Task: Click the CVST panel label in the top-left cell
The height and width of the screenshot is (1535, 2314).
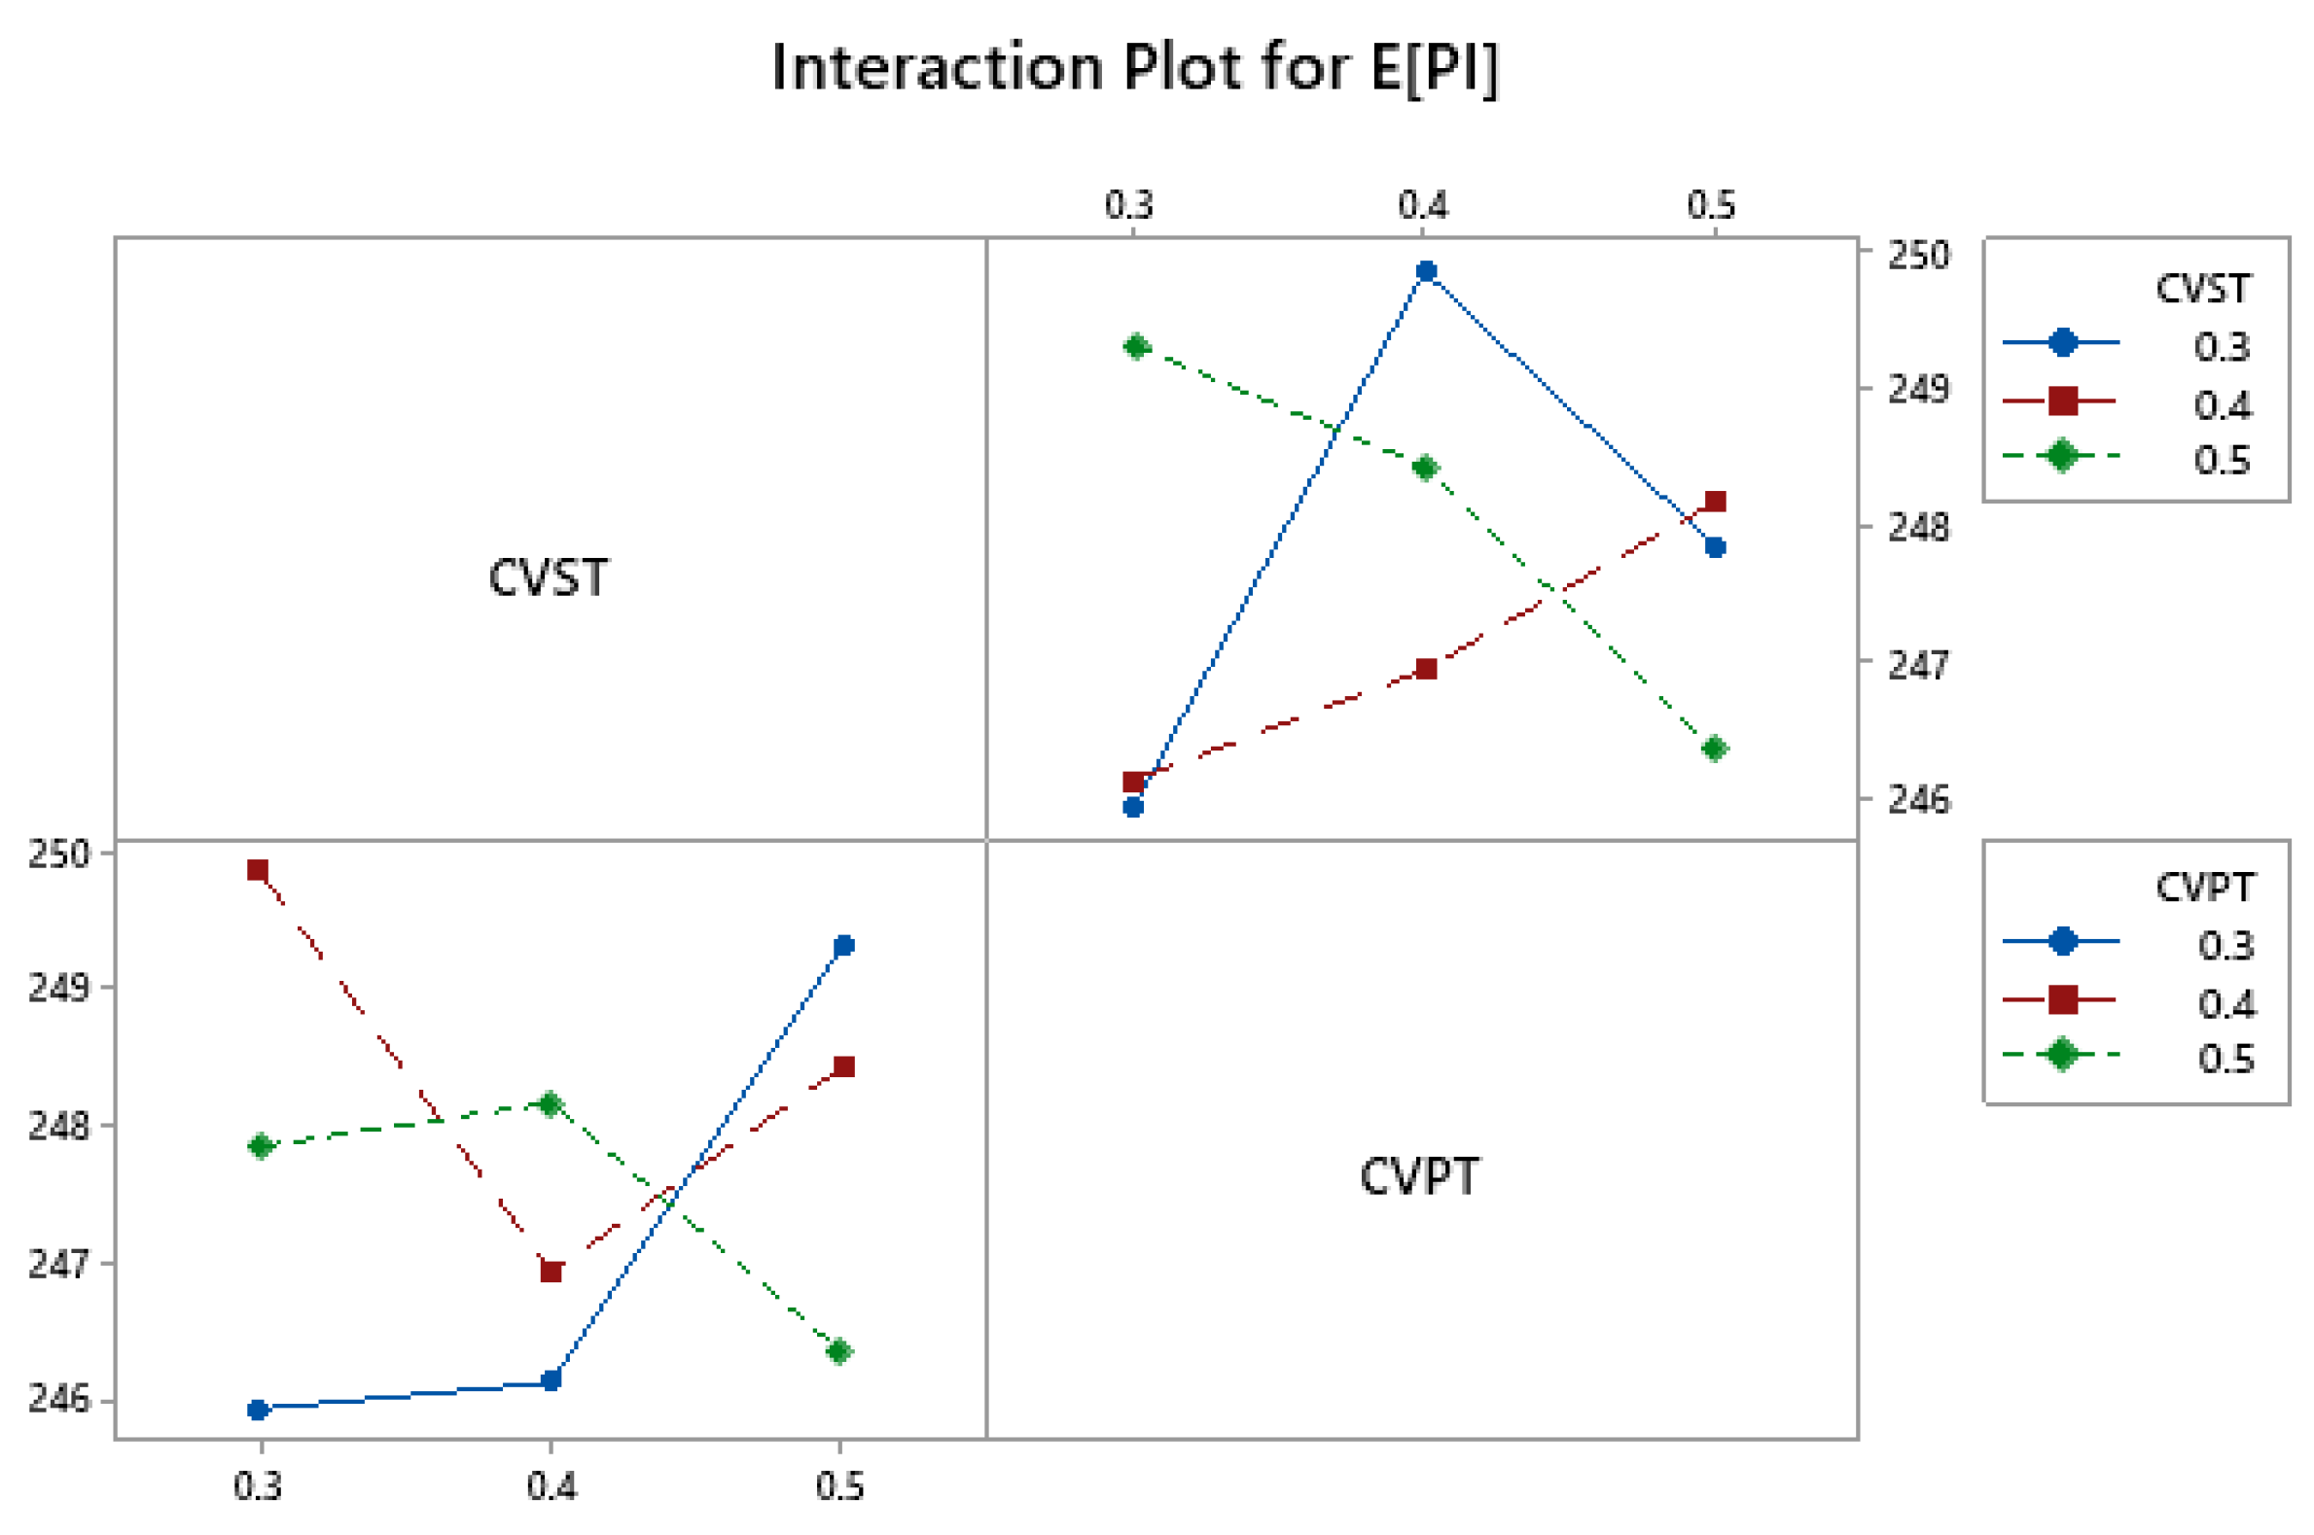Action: [x=549, y=577]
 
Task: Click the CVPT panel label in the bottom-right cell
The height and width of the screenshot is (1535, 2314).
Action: [x=1419, y=1176]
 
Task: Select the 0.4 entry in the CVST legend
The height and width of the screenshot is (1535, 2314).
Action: [x=2220, y=404]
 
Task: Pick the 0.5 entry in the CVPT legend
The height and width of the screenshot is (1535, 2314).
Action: [x=2225, y=1060]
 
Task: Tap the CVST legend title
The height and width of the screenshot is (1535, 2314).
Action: [x=2202, y=289]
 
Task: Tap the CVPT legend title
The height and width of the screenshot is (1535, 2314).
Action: [x=2204, y=887]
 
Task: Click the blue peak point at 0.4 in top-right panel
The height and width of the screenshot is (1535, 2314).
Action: [x=1427, y=271]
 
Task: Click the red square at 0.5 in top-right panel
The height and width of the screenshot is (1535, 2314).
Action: [x=1715, y=503]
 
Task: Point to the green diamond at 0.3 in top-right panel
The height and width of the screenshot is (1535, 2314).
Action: [x=1136, y=346]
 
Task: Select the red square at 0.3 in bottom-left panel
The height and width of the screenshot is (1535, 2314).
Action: [x=258, y=870]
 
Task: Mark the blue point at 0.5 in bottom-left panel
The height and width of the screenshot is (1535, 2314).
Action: [x=843, y=946]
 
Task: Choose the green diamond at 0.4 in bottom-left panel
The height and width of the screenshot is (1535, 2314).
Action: [x=551, y=1104]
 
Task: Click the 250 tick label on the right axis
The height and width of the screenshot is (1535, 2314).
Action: [x=1918, y=256]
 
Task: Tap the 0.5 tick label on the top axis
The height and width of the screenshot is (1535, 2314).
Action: [x=1711, y=205]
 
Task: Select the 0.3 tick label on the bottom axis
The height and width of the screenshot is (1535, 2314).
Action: [x=258, y=1486]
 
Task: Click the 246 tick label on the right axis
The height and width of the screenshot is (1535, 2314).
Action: [x=1918, y=801]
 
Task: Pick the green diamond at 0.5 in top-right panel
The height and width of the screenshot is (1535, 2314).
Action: [x=1715, y=749]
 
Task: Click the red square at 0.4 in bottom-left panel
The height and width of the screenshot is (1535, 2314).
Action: [x=552, y=1273]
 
